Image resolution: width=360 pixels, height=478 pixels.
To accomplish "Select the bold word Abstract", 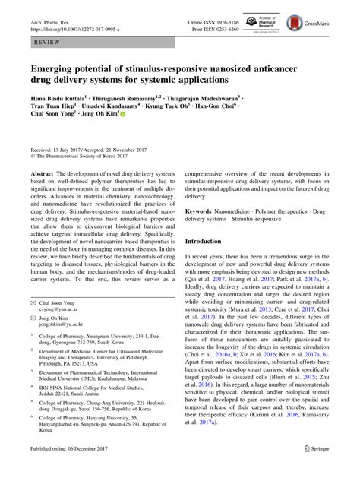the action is click(42, 173).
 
